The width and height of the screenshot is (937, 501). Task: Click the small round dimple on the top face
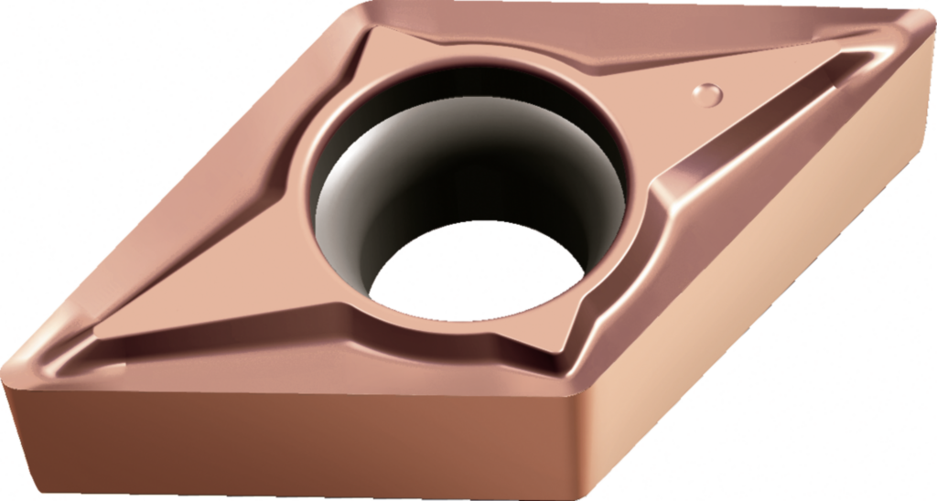point(707,93)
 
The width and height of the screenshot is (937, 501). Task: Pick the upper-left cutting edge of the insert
point(183,183)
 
